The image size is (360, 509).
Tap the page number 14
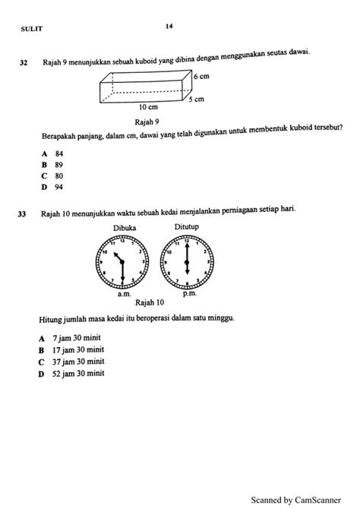click(169, 26)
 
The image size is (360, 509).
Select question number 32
click(24, 63)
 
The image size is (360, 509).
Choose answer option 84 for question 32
click(54, 153)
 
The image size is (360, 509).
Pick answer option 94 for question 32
click(54, 186)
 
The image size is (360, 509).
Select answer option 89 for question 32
click(54, 164)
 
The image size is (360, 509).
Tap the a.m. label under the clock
click(125, 291)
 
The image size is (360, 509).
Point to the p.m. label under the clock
click(187, 291)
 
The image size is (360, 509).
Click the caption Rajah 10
click(155, 302)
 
